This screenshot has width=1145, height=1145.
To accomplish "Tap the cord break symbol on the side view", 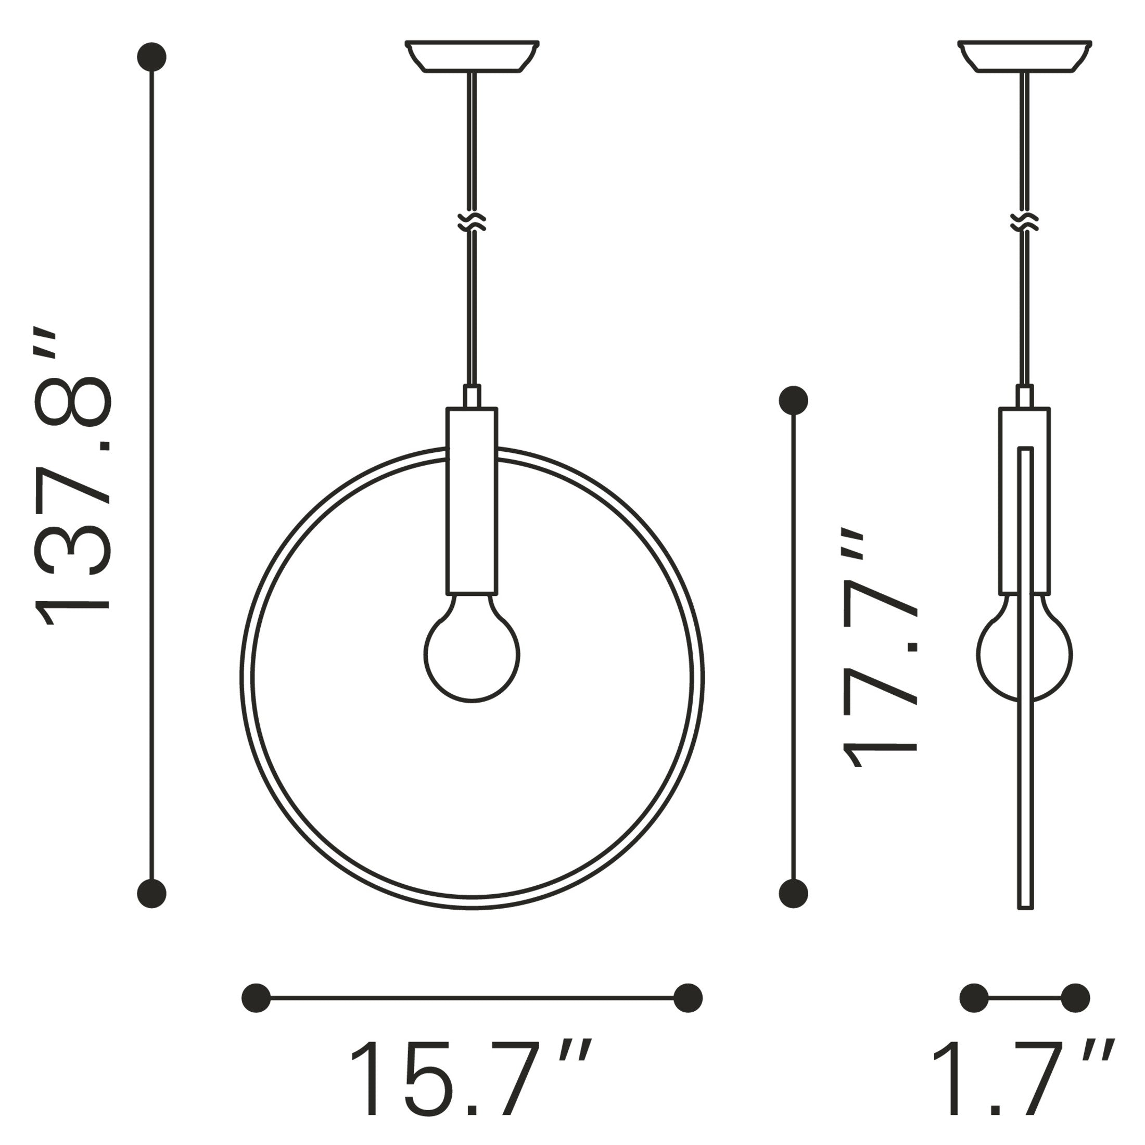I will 1025,222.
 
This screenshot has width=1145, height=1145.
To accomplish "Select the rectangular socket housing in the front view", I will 472,501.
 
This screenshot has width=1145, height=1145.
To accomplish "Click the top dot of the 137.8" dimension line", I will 152,57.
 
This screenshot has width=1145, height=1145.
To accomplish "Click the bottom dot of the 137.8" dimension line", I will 152,909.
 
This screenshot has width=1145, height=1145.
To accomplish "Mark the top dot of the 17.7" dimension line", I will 793,401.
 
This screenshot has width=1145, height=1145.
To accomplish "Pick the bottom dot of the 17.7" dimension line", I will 793,910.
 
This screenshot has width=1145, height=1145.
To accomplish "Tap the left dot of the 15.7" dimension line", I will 256,998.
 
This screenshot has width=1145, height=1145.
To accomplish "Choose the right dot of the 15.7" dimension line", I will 688,998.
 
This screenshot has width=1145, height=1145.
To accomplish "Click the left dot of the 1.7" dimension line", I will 974,998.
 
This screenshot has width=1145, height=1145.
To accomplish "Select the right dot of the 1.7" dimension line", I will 1075,998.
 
